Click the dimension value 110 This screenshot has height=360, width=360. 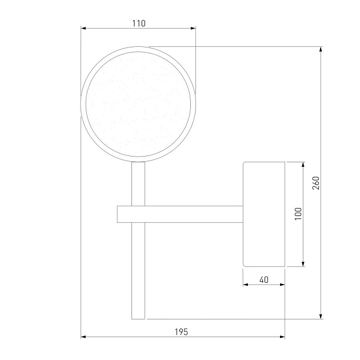coord(139,23)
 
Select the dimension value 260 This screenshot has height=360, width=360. coord(316,183)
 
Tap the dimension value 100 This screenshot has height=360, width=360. coord(298,214)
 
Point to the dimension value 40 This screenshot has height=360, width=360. coord(264,279)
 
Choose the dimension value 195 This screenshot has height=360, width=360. coord(181,332)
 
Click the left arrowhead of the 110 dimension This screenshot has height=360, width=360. coord(83,28)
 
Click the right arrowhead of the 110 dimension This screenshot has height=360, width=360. coord(193,28)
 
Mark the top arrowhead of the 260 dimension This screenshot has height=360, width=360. coord(321,49)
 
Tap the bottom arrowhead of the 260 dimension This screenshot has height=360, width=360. coord(321,317)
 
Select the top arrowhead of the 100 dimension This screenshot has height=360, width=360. coord(303,165)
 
